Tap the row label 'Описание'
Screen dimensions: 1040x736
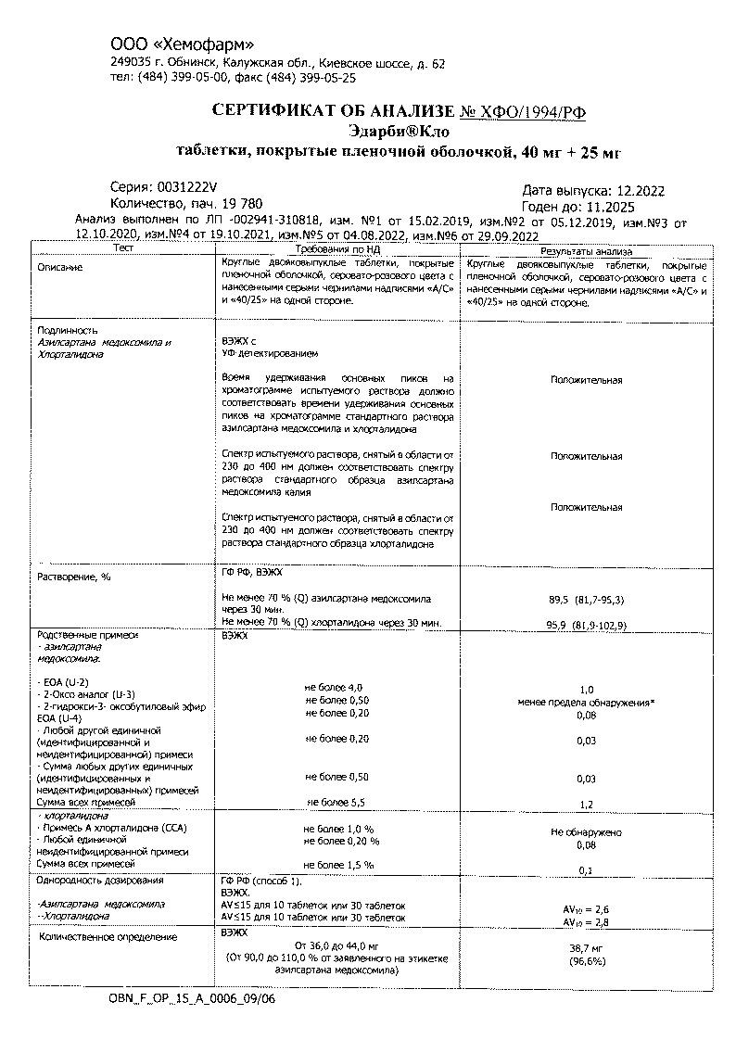pyautogui.click(x=59, y=267)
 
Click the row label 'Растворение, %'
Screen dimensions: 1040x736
pyautogui.click(x=73, y=577)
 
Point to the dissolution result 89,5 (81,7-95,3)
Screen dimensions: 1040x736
pyautogui.click(x=586, y=600)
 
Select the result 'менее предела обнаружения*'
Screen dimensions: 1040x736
pyautogui.click(x=586, y=703)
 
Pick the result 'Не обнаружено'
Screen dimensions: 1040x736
pyautogui.click(x=586, y=832)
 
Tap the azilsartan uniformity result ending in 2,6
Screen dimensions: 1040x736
pyautogui.click(x=586, y=909)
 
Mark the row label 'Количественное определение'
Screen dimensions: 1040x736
pyautogui.click(x=108, y=937)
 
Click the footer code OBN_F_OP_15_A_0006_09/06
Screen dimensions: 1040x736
pyautogui.click(x=192, y=999)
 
